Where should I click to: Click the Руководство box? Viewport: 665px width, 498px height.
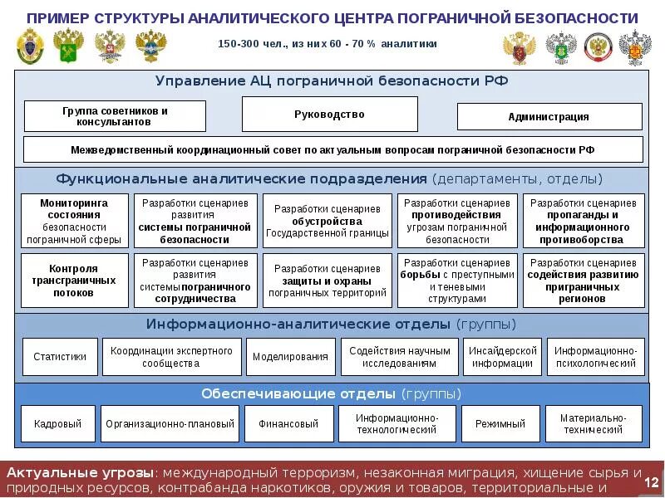(x=329, y=115)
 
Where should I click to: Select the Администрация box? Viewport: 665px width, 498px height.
(x=549, y=117)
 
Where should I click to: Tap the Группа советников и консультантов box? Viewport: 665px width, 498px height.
(x=115, y=116)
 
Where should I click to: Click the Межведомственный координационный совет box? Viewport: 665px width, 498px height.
(x=332, y=150)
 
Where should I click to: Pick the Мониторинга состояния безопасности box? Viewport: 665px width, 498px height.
(x=73, y=221)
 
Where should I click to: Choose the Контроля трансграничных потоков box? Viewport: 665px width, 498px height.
(x=73, y=281)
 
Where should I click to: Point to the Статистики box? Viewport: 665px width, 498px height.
(x=60, y=357)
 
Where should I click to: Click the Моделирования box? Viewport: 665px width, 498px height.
(x=291, y=357)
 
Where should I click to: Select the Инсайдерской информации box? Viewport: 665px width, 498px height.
(x=502, y=357)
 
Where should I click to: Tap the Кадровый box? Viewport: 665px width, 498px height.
(x=57, y=423)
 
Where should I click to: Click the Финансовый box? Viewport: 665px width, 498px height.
(x=288, y=423)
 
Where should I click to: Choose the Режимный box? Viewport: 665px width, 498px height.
(x=500, y=423)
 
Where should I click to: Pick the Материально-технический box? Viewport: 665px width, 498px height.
(x=594, y=423)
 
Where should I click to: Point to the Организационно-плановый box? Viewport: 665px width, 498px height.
(x=170, y=423)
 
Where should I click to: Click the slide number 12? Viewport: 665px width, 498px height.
(x=651, y=483)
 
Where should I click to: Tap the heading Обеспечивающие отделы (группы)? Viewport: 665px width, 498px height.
(x=331, y=393)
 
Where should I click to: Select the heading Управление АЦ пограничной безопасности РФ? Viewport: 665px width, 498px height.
(x=331, y=81)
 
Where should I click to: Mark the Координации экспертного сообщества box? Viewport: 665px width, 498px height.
(x=171, y=357)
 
